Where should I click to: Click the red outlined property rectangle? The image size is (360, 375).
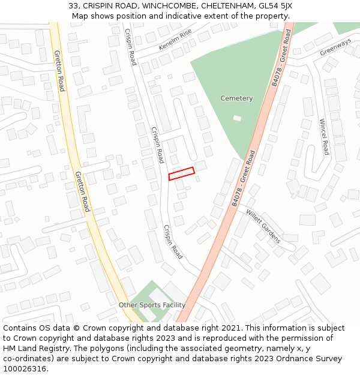(x=182, y=173)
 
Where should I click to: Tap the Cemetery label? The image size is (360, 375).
(x=236, y=98)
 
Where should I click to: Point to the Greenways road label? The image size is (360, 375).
(x=335, y=47)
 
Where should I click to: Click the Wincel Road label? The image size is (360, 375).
(x=324, y=136)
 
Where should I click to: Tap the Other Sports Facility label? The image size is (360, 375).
(x=152, y=305)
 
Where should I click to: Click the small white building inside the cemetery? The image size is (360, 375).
(x=237, y=118)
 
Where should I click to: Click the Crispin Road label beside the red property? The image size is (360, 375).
(x=158, y=145)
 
